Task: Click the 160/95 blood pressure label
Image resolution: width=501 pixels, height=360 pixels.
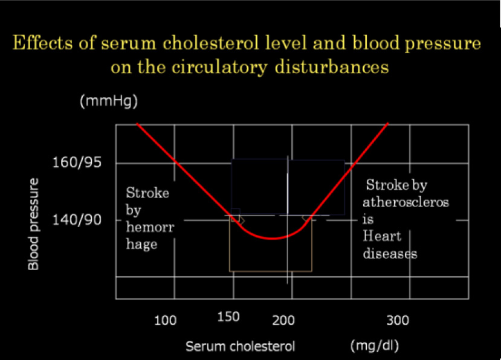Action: (x=77, y=162)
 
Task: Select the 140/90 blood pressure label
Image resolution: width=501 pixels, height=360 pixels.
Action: (x=77, y=220)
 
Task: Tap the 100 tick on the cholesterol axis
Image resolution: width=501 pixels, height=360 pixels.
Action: (x=165, y=320)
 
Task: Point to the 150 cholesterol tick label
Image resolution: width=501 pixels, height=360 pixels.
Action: (x=228, y=317)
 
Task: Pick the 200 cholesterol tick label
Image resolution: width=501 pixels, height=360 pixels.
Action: (x=283, y=320)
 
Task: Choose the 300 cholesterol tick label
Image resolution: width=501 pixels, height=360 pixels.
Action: (x=398, y=320)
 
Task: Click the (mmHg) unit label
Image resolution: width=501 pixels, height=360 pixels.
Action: (x=109, y=101)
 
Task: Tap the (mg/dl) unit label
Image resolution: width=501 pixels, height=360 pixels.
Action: (x=375, y=346)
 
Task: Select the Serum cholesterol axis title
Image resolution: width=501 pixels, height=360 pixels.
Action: (x=241, y=346)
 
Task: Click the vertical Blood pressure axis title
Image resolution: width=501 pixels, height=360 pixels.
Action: (x=33, y=224)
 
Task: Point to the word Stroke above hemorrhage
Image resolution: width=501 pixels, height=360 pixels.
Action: (x=147, y=193)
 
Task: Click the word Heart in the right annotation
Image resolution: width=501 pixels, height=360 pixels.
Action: (x=382, y=236)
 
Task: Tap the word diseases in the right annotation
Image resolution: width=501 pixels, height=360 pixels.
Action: (x=390, y=254)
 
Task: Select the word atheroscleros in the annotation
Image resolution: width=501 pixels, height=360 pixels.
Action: (x=406, y=202)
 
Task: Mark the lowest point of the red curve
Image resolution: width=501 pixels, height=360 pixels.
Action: (x=272, y=239)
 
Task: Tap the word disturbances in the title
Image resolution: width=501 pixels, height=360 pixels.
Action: (x=332, y=67)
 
